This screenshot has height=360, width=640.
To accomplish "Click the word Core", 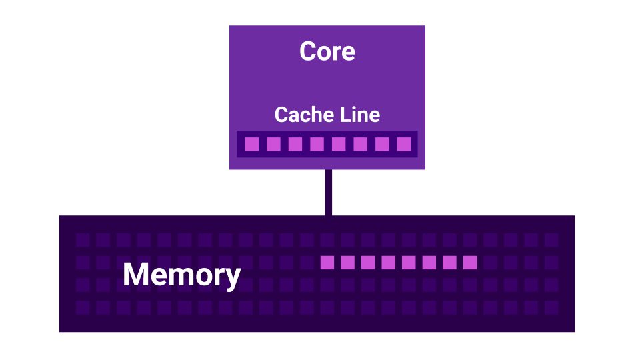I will tap(327, 52).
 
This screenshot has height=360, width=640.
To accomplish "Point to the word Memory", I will tap(181, 275).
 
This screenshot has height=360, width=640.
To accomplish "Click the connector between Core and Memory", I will tap(328, 192).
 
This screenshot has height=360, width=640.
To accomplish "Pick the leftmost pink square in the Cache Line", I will tap(251, 144).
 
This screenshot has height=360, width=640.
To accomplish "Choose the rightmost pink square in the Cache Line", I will tap(404, 144).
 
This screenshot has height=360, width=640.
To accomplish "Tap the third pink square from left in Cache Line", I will tap(295, 144).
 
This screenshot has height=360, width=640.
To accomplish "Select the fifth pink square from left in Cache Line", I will tap(339, 144).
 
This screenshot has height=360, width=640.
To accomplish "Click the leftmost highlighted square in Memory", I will tap(327, 263).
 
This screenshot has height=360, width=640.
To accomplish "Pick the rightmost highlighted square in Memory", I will tap(470, 263).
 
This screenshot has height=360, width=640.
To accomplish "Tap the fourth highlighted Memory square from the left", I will tap(388, 263).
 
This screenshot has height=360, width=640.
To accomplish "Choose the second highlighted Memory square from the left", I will tap(347, 263).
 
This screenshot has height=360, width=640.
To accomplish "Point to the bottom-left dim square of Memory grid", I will tap(82, 307).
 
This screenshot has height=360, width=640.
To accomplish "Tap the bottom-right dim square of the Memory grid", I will tap(551, 307).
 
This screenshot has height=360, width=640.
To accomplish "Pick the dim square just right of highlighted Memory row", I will tap(491, 263).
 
